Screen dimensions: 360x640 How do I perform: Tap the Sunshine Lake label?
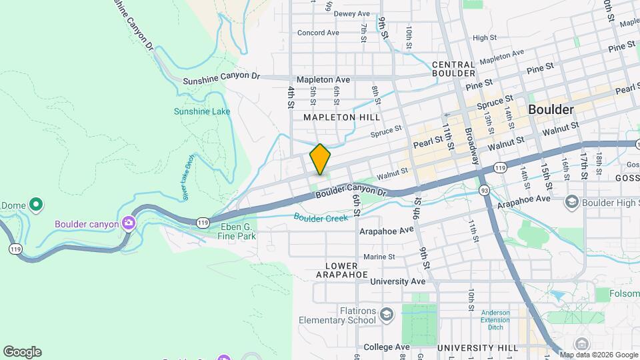click(x=202, y=111)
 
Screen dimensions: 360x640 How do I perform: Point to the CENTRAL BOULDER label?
click(x=453, y=69)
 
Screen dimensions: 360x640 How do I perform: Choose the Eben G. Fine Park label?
click(x=238, y=231)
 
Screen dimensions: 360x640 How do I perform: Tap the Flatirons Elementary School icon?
click(x=386, y=314)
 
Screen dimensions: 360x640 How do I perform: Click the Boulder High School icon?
click(x=571, y=201)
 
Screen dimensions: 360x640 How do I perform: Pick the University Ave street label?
click(x=397, y=281)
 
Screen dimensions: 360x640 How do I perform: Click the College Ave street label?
click(x=386, y=347)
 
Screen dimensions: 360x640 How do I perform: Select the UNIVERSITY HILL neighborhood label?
click(x=477, y=348)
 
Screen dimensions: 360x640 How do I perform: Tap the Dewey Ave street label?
click(x=351, y=14)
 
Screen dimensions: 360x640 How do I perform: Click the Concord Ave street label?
click(x=318, y=33)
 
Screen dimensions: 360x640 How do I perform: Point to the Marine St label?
click(x=379, y=257)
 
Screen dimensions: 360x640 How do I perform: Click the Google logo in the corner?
click(x=22, y=352)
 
